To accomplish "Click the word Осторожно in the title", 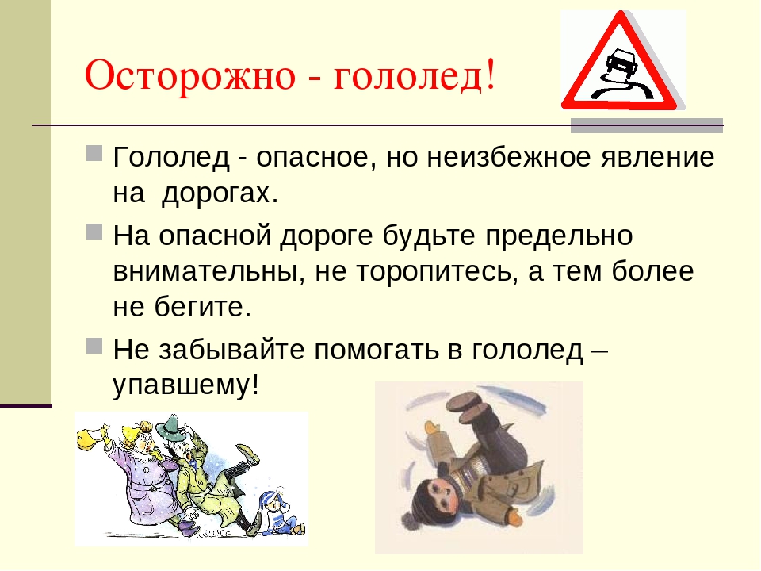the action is pyautogui.click(x=189, y=75).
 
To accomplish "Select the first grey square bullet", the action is pyautogui.click(x=94, y=153).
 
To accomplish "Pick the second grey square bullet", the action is pyautogui.click(x=94, y=232).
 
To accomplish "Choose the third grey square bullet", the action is pyautogui.click(x=94, y=346).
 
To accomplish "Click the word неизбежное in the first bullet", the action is pyautogui.click(x=509, y=157).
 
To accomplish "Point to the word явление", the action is pyautogui.click(x=658, y=159).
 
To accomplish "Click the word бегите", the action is pyautogui.click(x=203, y=308).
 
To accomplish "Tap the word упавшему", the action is pyautogui.click(x=185, y=386).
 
